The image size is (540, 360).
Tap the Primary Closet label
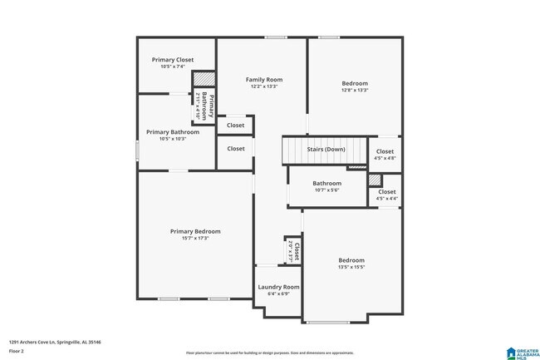173,60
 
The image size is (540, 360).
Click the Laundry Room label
278,287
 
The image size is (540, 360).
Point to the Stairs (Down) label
326,150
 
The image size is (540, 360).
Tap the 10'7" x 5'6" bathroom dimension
326,190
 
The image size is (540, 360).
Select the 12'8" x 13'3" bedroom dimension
355,91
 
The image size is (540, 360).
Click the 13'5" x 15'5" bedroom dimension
351,267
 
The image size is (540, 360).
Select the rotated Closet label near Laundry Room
295,252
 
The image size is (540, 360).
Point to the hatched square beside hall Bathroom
375,180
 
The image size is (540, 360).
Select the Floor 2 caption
17,351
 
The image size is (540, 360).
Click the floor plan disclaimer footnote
269,353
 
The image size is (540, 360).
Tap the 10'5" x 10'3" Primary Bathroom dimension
173,139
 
